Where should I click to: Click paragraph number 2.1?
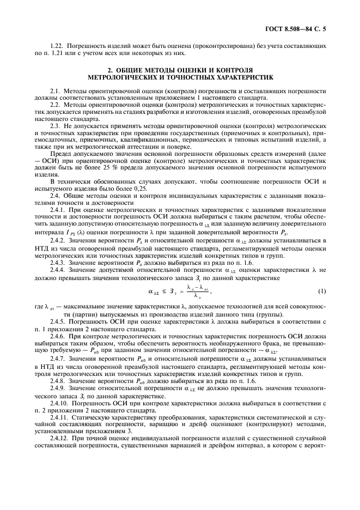(x=54, y=89)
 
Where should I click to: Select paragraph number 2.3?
(x=54, y=125)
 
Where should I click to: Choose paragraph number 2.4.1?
(x=57, y=210)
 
